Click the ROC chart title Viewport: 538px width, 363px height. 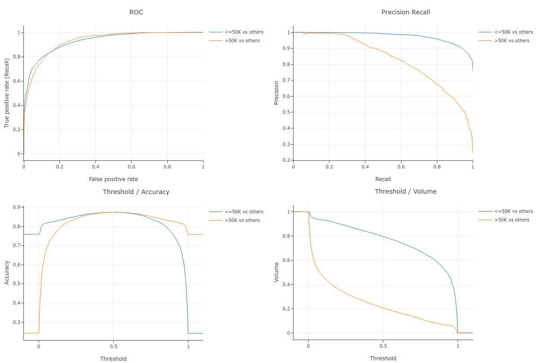(x=136, y=12)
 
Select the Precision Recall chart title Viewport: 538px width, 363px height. (x=405, y=12)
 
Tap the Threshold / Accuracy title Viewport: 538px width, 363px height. (x=136, y=191)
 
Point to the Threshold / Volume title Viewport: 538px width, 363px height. (x=405, y=191)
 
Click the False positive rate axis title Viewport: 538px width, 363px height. (x=113, y=179)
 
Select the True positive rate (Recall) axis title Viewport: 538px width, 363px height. (x=7, y=93)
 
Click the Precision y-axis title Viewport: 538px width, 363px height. (x=276, y=93)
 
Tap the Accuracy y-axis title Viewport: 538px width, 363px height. (x=7, y=272)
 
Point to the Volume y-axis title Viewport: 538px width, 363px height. (x=276, y=272)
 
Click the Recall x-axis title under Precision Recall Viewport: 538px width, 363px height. (x=383, y=179)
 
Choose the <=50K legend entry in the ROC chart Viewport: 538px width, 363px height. (x=244, y=32)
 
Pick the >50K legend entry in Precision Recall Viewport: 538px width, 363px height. (x=511, y=40)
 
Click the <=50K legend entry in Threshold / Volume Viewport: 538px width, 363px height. (x=513, y=212)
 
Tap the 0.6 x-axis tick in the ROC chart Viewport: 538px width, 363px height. (x=131, y=166)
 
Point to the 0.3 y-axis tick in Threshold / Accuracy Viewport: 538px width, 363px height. (x=17, y=322)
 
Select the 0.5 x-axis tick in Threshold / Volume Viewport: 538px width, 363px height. (x=383, y=346)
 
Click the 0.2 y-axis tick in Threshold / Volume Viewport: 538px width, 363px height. (x=287, y=309)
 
